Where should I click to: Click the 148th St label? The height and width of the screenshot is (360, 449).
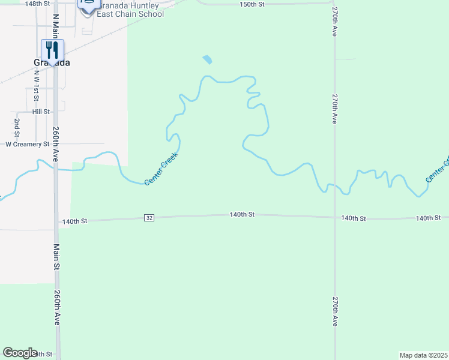(x=37, y=4)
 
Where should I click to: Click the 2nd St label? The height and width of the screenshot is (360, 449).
(x=17, y=127)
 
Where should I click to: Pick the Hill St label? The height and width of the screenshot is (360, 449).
(x=41, y=112)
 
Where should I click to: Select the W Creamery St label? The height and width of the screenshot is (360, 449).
(x=27, y=144)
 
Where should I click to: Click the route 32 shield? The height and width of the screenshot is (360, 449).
(x=149, y=217)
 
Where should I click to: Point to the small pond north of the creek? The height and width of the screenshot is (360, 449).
(x=208, y=59)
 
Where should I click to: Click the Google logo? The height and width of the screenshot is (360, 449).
(x=20, y=353)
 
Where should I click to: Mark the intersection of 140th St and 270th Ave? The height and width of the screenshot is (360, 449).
(x=335, y=217)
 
